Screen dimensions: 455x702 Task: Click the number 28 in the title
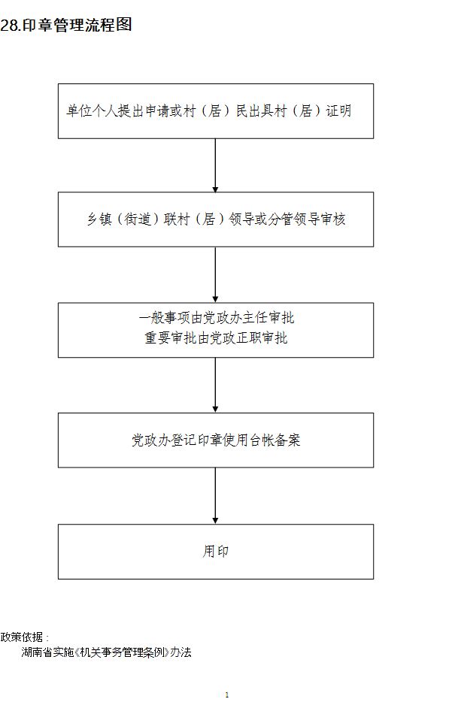point(10,25)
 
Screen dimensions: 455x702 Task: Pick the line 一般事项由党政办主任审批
point(217,318)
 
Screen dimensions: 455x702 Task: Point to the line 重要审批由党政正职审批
point(216,338)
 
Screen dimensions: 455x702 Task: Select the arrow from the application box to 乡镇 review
point(215,165)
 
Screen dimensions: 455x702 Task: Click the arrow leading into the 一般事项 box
point(215,275)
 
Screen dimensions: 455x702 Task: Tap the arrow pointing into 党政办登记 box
point(215,385)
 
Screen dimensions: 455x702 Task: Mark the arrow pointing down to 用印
point(215,496)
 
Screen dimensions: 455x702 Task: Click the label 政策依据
point(22,637)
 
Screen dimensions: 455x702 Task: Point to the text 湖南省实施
point(47,652)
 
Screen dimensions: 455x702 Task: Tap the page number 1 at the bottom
point(227,694)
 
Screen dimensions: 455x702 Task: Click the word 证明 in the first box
point(338,111)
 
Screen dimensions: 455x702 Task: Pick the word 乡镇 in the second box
point(99,219)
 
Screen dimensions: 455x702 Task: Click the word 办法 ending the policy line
point(181,652)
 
